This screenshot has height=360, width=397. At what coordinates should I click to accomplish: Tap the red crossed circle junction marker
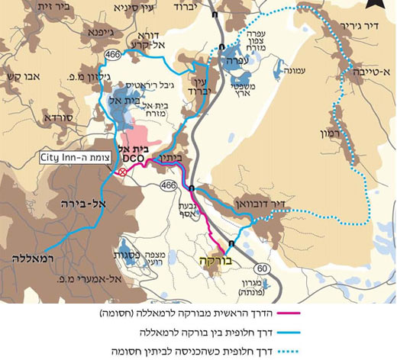pos(121,172)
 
